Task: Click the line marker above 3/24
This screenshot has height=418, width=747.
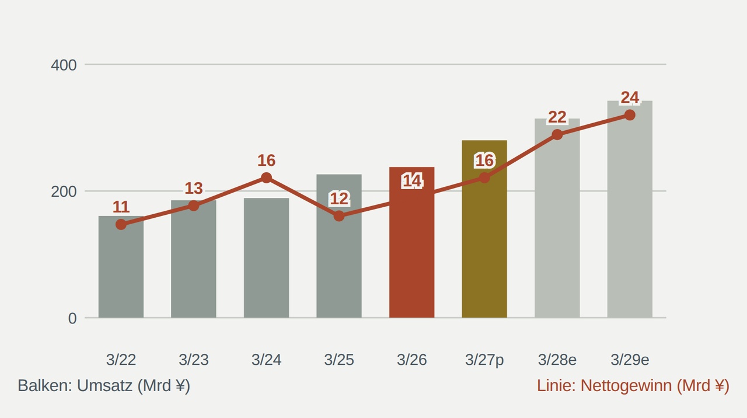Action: (266, 178)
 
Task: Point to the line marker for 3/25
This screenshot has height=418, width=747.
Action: (339, 216)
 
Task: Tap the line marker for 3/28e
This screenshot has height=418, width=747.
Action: (557, 135)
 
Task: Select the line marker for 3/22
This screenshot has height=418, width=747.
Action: (121, 225)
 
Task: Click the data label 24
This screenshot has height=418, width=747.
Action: (630, 97)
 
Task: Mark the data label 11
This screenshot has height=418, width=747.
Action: (121, 207)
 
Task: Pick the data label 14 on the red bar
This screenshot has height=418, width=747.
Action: (412, 181)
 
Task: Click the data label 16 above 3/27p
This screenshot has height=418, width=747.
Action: (484, 161)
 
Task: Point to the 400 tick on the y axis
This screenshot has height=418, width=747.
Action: (64, 65)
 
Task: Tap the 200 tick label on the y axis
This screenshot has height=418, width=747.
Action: (64, 192)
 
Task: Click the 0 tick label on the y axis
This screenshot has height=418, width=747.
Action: (72, 319)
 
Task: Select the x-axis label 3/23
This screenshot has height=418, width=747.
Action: (193, 360)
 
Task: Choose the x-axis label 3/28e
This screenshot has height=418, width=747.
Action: (557, 360)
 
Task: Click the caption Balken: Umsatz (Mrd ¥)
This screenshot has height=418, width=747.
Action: (104, 386)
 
